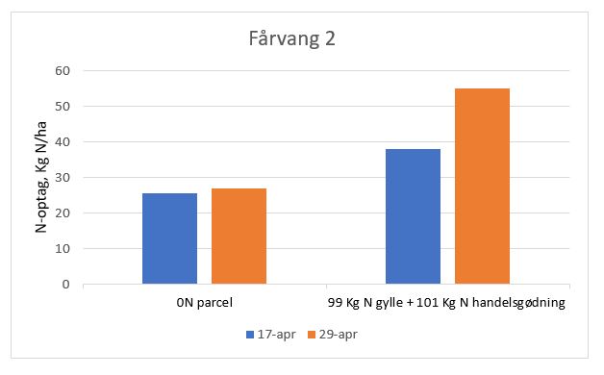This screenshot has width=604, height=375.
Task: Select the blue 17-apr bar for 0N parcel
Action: (169, 238)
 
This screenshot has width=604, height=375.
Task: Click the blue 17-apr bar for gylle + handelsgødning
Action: (413, 216)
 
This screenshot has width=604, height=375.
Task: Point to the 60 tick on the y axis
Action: (64, 71)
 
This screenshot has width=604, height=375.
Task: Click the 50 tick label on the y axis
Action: (64, 107)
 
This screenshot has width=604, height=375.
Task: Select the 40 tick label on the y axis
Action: (64, 142)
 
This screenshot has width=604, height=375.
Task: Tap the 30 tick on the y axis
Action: (64, 178)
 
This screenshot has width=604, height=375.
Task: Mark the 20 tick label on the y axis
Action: (64, 213)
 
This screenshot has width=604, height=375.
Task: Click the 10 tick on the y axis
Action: (64, 249)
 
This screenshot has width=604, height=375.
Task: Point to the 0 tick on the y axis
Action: (67, 285)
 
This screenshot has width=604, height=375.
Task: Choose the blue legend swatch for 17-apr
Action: (250, 335)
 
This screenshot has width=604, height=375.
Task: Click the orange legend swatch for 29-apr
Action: (311, 335)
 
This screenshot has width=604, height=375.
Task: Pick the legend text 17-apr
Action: (272, 335)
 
